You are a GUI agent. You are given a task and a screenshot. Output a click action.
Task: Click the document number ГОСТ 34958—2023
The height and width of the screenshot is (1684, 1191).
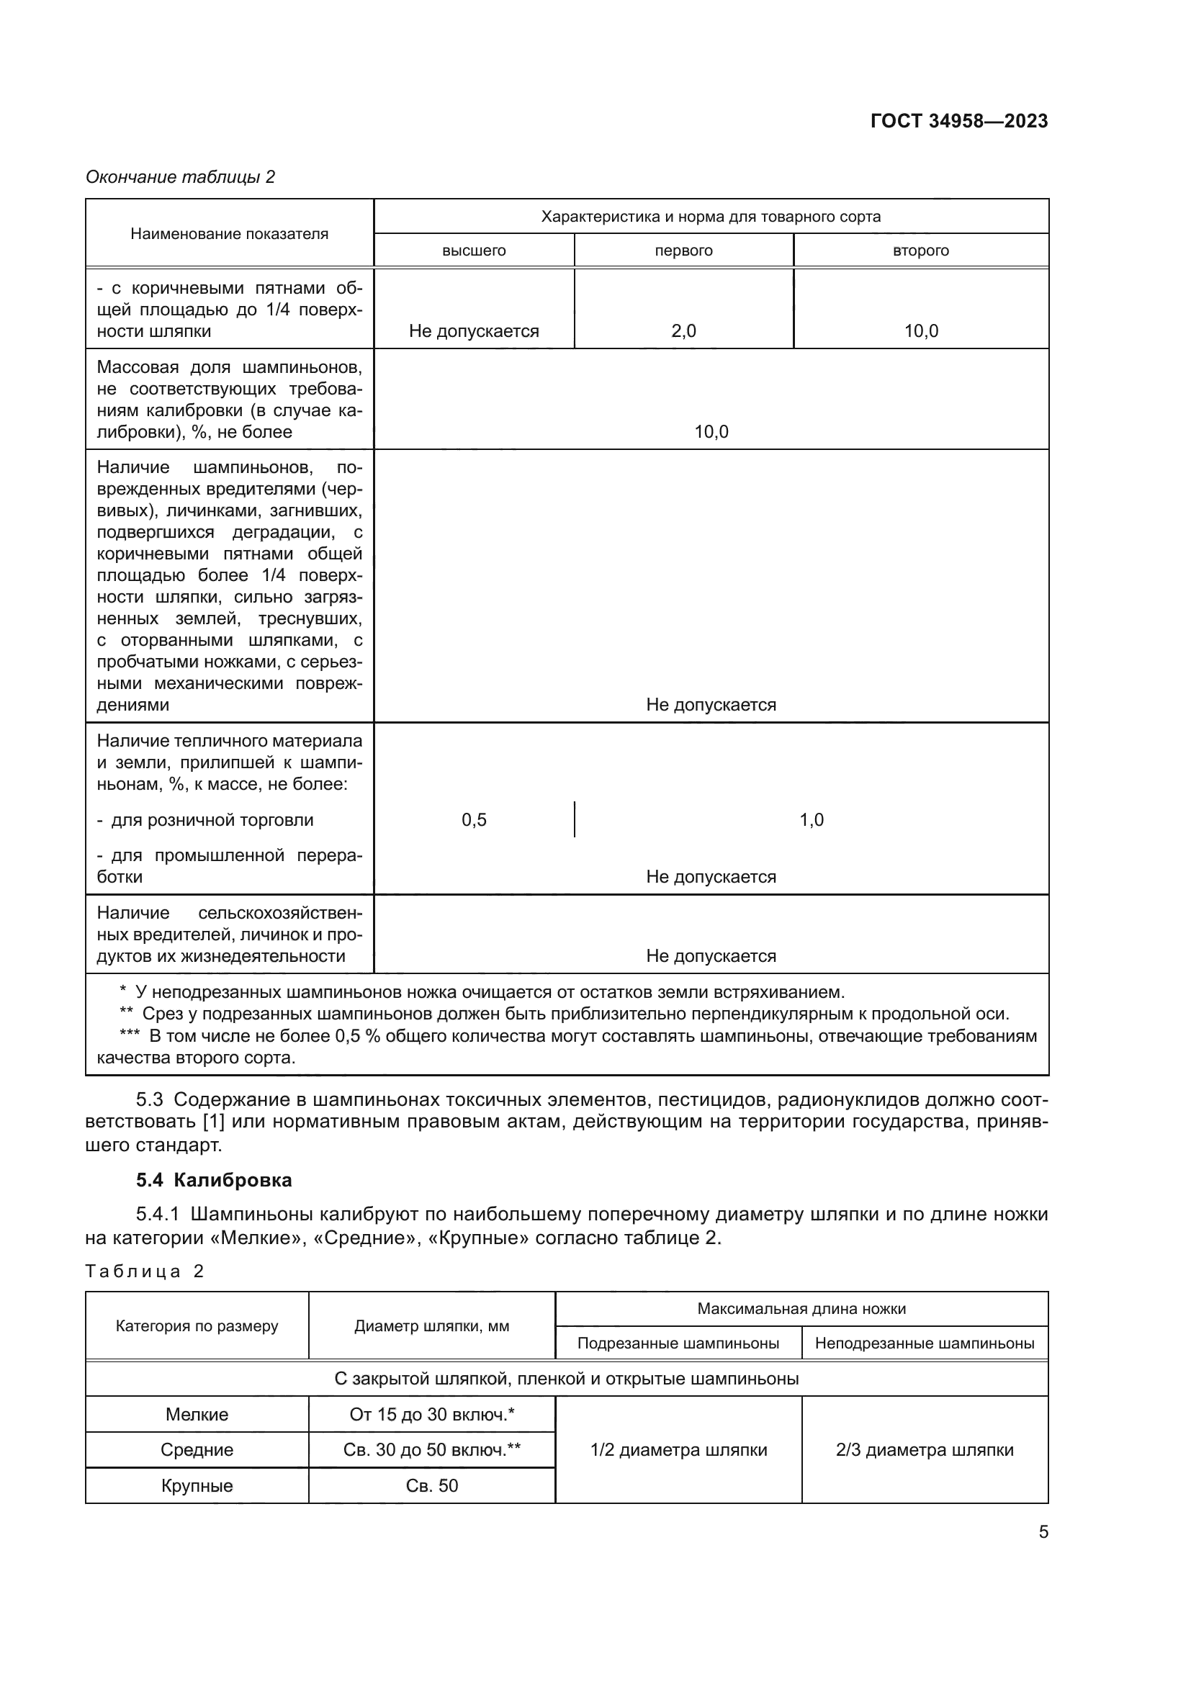click(958, 121)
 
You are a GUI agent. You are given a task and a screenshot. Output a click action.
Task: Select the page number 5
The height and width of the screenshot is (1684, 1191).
click(1043, 1531)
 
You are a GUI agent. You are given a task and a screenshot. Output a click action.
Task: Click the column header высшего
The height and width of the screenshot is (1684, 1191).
click(474, 251)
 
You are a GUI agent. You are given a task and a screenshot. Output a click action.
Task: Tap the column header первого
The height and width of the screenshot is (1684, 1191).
click(683, 251)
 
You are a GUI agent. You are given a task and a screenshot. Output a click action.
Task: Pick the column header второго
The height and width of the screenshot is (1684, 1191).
click(920, 251)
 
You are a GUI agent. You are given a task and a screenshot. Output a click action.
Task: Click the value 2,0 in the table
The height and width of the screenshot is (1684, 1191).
click(683, 330)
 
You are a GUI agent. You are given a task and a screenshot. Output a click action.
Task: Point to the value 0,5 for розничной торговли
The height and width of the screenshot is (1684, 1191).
click(474, 819)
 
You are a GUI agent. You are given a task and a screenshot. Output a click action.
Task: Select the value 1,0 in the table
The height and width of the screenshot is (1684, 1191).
click(811, 819)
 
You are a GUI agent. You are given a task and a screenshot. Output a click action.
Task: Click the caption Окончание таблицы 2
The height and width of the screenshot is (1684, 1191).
click(181, 177)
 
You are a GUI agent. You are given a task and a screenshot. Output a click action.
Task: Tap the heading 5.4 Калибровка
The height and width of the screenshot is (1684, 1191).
click(214, 1180)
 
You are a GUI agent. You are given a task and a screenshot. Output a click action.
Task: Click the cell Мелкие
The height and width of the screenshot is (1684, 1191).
click(197, 1414)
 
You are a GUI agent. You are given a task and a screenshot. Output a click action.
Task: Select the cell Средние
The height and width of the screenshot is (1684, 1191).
click(197, 1450)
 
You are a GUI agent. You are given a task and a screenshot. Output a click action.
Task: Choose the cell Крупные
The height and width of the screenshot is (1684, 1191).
click(197, 1486)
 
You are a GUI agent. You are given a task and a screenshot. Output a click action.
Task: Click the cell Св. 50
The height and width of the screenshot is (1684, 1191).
click(431, 1486)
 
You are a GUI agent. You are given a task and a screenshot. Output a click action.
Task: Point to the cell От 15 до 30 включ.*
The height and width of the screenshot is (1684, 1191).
click(431, 1414)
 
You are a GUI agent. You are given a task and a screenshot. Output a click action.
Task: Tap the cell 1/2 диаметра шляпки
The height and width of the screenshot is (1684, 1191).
click(678, 1450)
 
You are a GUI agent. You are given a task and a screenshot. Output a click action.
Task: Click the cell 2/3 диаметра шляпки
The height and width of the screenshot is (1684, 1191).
click(924, 1450)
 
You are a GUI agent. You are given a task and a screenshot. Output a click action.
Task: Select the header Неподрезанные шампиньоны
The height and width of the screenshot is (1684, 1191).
click(924, 1343)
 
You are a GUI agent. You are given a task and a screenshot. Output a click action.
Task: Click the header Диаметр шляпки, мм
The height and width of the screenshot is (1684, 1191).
click(431, 1326)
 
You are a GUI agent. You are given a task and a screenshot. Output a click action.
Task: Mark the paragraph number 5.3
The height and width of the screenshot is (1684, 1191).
click(150, 1100)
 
